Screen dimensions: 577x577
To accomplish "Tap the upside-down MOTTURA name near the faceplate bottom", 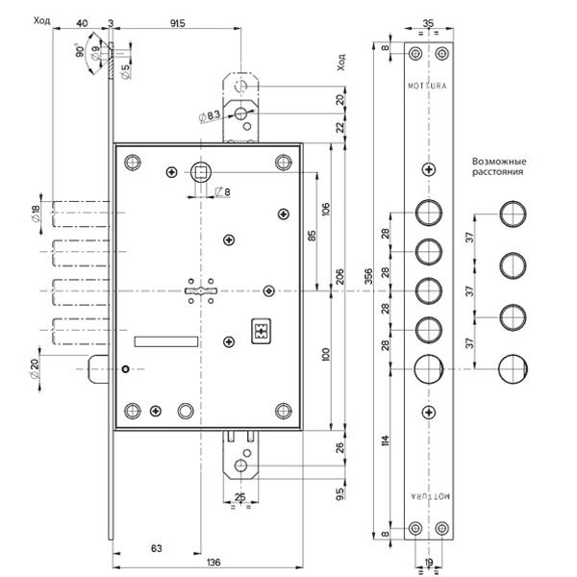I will pos(428,491).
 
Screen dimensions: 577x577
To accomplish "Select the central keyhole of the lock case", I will pos(202,290).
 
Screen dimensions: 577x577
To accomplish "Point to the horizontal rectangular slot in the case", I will pos(165,340).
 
